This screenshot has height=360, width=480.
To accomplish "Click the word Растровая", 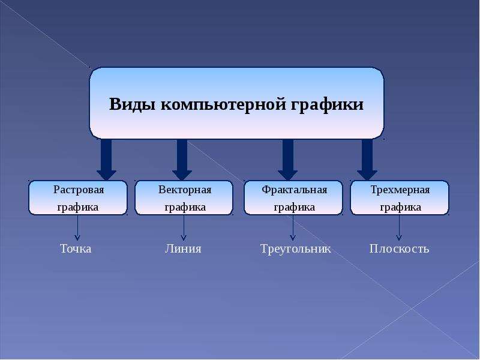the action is click(79, 190).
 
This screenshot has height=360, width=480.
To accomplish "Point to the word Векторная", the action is click(185, 190).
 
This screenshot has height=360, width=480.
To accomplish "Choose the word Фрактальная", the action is click(295, 190).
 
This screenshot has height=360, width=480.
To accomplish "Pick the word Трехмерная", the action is click(400, 190).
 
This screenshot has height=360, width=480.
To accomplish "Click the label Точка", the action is click(76, 248).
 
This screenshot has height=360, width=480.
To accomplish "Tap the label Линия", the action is click(183, 248).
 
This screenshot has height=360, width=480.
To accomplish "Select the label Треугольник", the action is click(295, 249).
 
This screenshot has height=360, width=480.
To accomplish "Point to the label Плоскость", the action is click(399, 248).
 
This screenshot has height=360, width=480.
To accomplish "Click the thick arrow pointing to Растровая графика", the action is click(106, 160).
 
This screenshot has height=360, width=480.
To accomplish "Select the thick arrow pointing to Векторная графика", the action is click(182, 160).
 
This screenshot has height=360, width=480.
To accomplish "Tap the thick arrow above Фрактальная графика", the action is click(288, 160).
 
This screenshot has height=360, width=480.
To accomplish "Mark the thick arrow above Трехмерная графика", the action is click(367, 160).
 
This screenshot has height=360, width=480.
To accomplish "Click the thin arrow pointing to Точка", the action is click(77, 228).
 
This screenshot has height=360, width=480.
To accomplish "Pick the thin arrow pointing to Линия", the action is click(184, 228).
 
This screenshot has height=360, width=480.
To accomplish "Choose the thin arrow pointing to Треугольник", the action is click(293, 228).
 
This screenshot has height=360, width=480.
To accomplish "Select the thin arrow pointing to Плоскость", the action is click(399, 228).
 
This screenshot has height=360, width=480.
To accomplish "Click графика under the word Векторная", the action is click(185, 208).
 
